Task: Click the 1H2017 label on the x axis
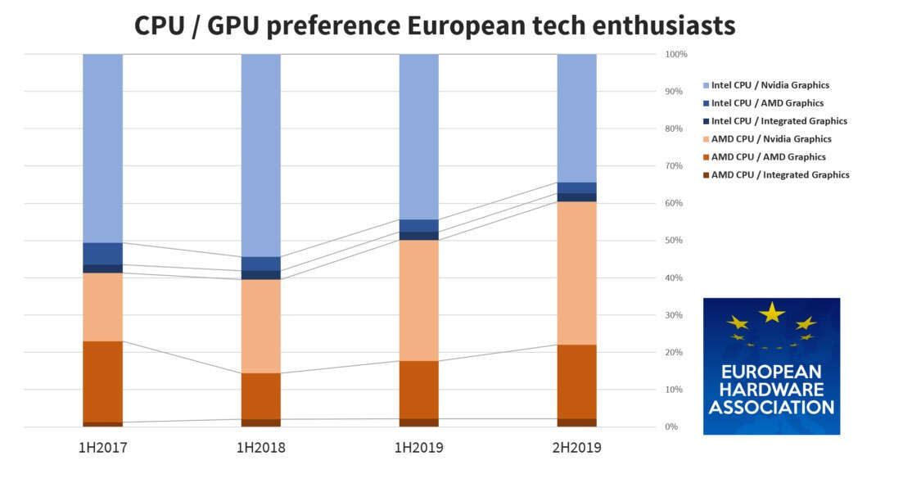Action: [102, 448]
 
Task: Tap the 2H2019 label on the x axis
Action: [577, 448]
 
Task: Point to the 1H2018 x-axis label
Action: [260, 448]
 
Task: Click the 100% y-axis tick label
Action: [676, 54]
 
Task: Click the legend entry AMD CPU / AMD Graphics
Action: [768, 157]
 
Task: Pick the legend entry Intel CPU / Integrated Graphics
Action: [779, 121]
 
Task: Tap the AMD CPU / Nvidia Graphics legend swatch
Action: [706, 139]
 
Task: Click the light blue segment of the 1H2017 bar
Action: [102, 148]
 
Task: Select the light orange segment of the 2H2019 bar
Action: [577, 273]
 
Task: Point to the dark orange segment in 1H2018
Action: [260, 396]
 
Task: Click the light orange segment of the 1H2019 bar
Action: [418, 300]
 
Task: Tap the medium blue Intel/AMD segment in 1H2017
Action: [102, 254]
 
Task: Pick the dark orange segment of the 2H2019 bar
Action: [577, 381]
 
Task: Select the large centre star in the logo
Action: [771, 312]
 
